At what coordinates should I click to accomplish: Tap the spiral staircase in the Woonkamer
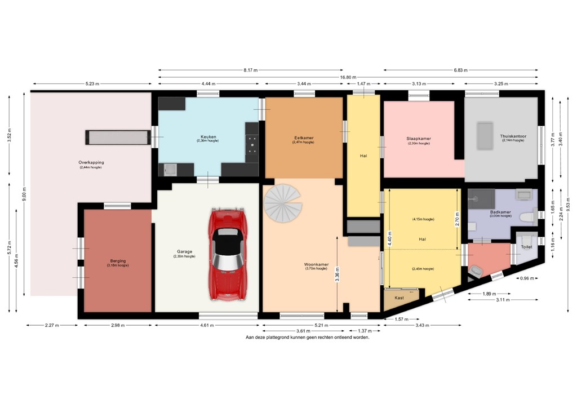pyautogui.click(x=284, y=202)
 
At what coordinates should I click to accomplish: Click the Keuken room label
pyautogui.click(x=208, y=136)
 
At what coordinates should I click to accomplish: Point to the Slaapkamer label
pyautogui.click(x=418, y=139)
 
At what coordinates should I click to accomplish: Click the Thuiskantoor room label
pyautogui.click(x=512, y=136)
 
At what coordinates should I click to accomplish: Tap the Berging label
pyautogui.click(x=118, y=261)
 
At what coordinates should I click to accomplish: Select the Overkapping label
pyautogui.click(x=91, y=163)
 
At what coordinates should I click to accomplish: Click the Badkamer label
pyautogui.click(x=484, y=212)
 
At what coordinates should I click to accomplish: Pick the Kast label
pyautogui.click(x=399, y=298)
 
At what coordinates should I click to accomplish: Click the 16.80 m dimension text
pyautogui.click(x=346, y=77)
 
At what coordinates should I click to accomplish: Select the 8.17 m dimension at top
pyautogui.click(x=251, y=70)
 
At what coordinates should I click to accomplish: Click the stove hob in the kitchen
pyautogui.click(x=252, y=144)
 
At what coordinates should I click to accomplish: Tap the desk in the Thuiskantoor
pyautogui.click(x=484, y=136)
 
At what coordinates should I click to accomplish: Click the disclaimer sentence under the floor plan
pyautogui.click(x=307, y=337)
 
